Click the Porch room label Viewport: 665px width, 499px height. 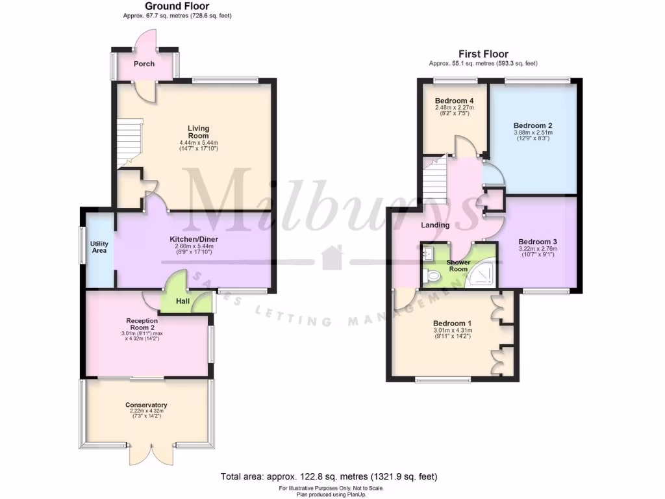144,64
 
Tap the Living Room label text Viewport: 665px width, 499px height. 199,132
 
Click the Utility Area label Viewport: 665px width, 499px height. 99,247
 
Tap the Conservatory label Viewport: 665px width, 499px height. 146,405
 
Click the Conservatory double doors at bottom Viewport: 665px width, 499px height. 151,454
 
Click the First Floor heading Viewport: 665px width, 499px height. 483,54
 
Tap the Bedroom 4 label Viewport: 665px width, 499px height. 454,101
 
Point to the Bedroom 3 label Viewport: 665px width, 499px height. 538,241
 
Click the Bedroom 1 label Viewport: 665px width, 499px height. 453,323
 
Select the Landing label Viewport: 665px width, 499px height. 435,225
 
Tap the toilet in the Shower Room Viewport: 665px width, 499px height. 431,277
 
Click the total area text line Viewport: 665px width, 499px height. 332,476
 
